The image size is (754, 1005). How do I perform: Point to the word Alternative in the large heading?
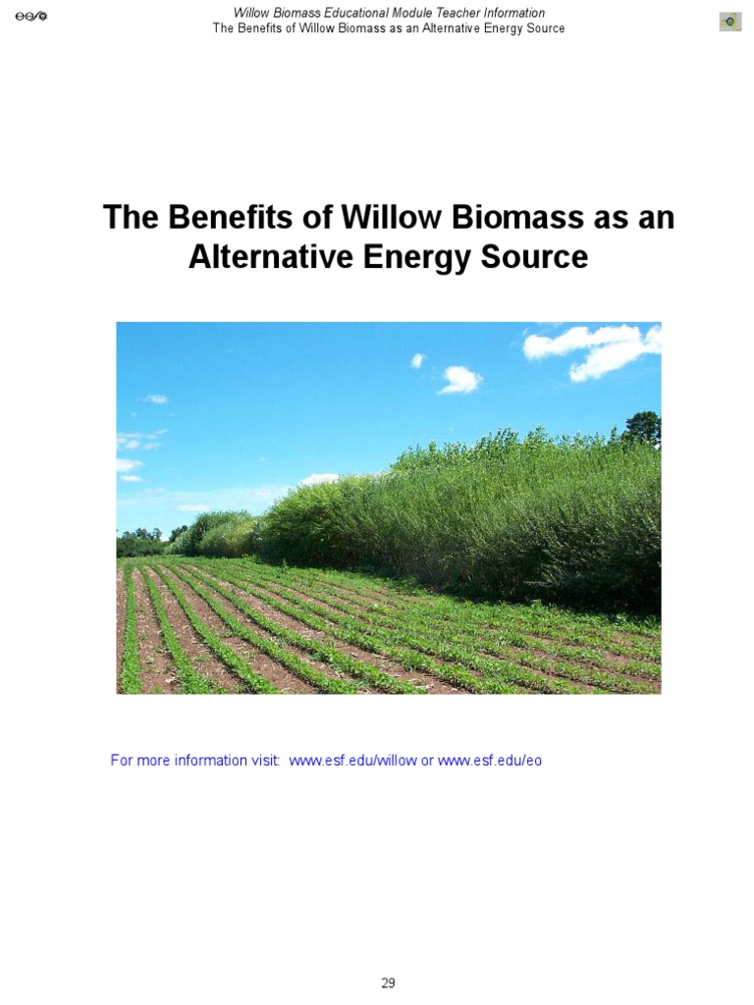click(271, 257)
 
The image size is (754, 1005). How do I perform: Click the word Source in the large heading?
click(535, 257)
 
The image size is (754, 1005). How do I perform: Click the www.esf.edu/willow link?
click(352, 761)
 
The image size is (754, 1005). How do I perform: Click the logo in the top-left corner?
click(30, 17)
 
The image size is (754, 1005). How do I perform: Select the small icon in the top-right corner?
click(729, 22)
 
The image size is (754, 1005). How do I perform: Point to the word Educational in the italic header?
click(354, 13)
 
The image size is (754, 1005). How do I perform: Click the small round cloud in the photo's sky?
click(459, 379)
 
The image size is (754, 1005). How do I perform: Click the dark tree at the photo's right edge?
click(643, 430)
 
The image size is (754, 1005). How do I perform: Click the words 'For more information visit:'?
click(195, 761)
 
